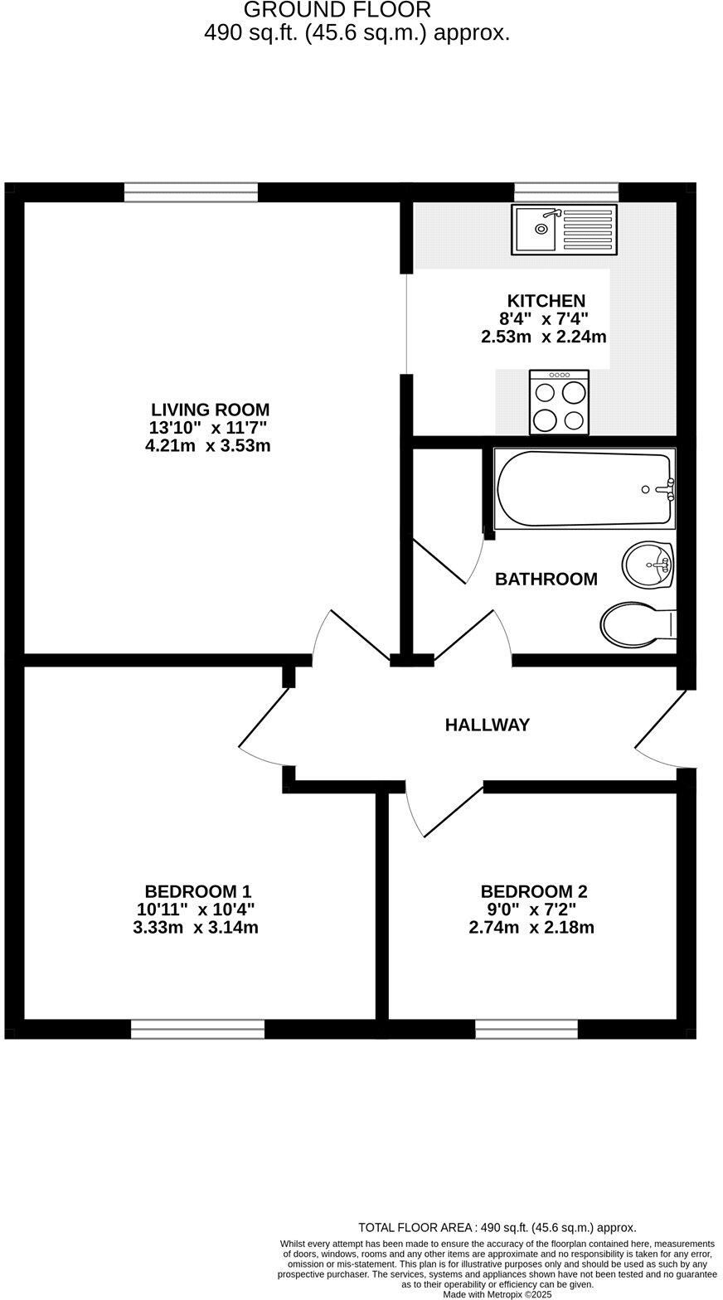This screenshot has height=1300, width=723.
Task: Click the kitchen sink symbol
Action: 565,230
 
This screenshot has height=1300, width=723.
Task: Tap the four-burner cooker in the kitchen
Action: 559,403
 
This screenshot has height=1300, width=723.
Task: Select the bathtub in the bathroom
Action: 585,489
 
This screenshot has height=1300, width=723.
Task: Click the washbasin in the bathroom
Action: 648,565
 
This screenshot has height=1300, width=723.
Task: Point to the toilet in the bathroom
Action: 636,624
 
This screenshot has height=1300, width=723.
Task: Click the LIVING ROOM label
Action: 210,410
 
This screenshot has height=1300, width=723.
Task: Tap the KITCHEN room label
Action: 546,301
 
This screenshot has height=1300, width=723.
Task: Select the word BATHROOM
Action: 546,580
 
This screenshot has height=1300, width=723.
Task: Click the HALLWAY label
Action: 487,725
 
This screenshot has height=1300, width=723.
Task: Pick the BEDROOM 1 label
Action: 197,891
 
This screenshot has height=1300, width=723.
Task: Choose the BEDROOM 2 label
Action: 533,892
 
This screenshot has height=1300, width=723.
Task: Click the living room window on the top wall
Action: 191,192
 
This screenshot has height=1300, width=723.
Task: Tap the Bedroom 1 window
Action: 197,1029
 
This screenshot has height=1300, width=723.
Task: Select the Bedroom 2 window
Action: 526,1029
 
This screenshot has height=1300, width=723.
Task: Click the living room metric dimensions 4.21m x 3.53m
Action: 207,446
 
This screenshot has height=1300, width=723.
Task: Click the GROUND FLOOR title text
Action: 337,11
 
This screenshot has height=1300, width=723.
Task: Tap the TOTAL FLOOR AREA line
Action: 497,1227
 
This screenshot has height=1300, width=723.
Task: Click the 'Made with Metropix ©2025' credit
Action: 497,1293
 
